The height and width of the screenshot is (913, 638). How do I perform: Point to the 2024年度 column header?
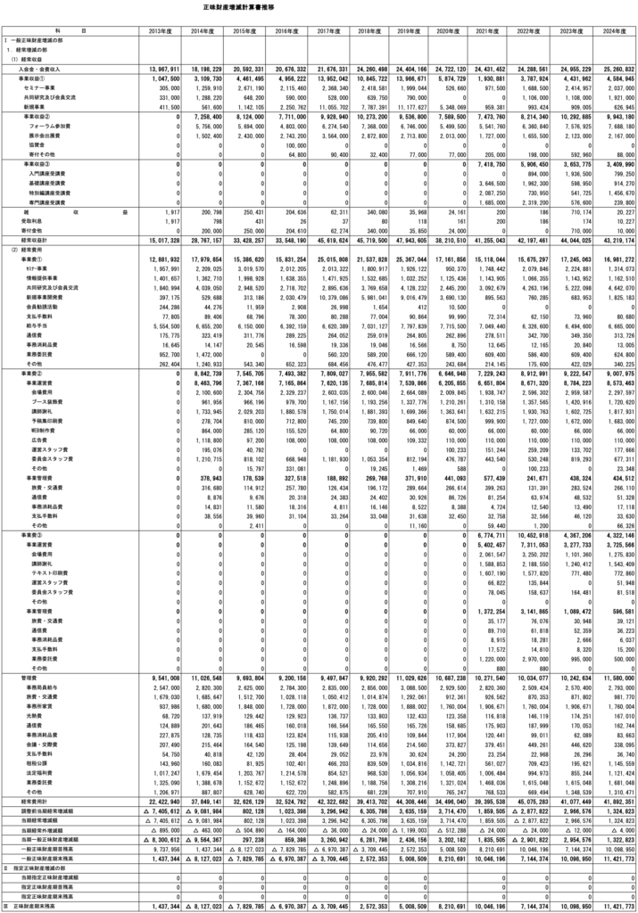(x=611, y=30)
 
